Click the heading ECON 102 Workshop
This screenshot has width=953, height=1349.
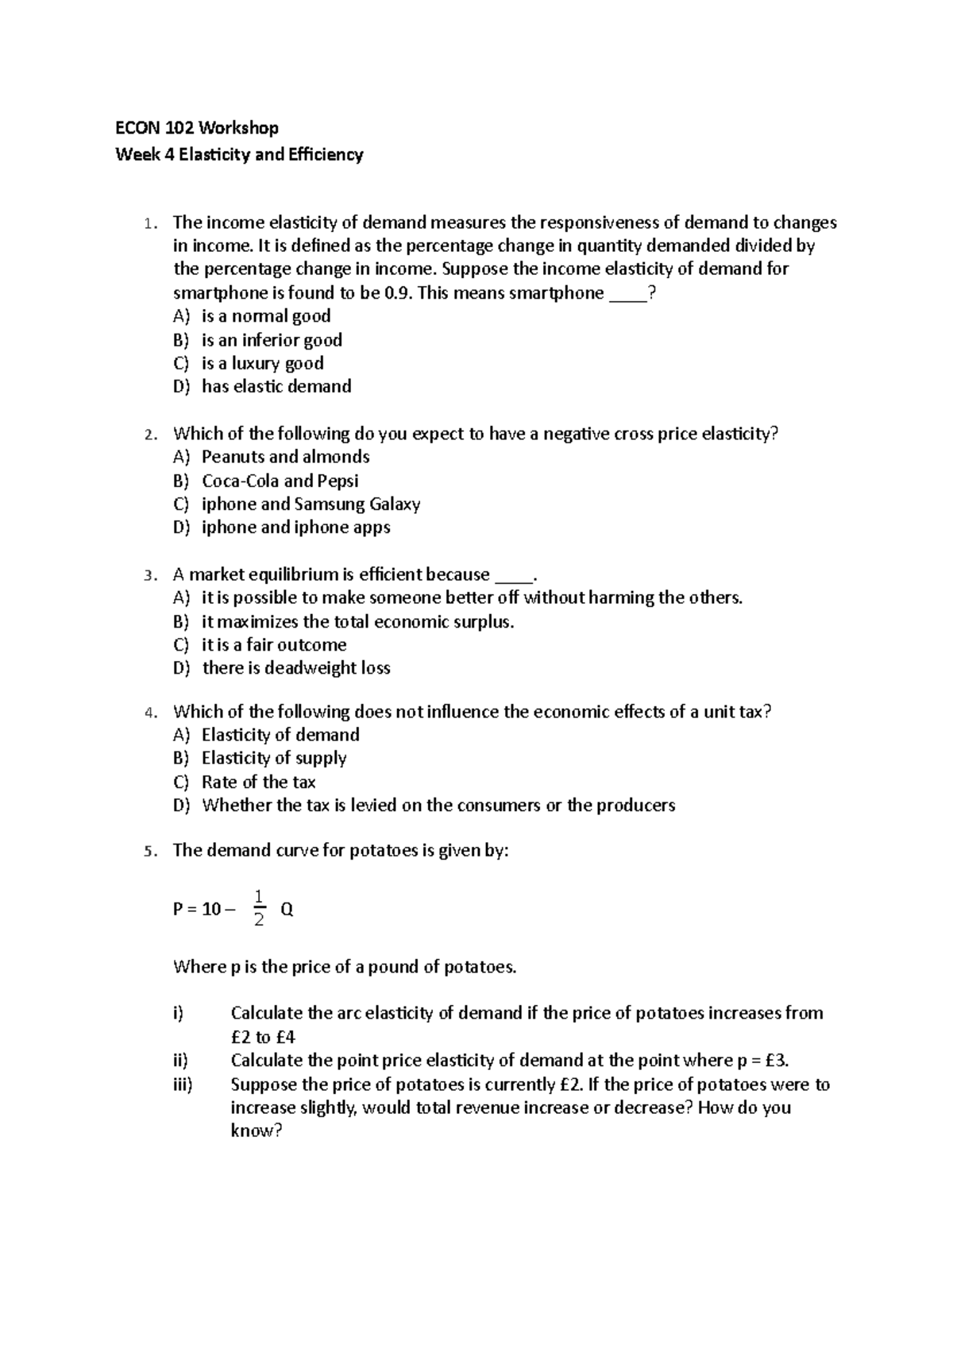point(197,128)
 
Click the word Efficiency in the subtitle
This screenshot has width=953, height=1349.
point(327,154)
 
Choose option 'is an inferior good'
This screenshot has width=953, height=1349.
point(272,340)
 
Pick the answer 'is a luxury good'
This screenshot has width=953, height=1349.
point(262,363)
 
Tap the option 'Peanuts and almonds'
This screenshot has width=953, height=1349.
point(285,457)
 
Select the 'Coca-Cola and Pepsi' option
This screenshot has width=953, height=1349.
point(280,481)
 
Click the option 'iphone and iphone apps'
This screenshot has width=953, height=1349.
point(295,528)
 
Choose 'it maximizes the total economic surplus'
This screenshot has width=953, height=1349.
point(357,621)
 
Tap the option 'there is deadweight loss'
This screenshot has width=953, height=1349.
point(296,668)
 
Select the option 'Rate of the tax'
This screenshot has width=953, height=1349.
point(258,782)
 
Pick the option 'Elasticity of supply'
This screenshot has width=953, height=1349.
point(274,758)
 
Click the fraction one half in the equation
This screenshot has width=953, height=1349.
point(258,909)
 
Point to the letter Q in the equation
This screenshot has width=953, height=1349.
point(287,910)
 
